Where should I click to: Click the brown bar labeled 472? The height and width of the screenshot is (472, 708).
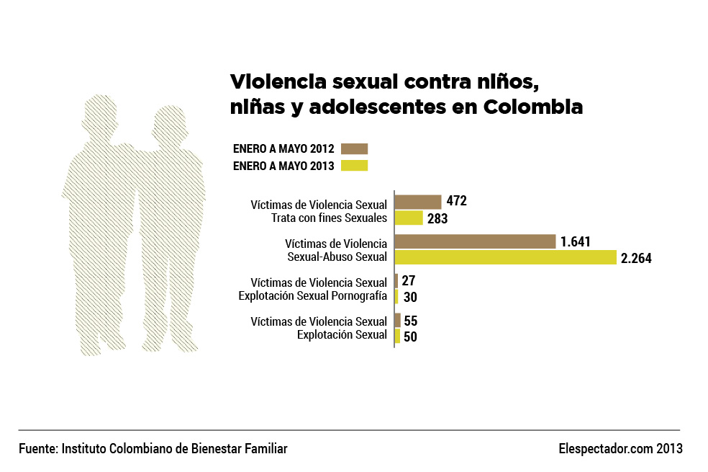pyautogui.click(x=418, y=202)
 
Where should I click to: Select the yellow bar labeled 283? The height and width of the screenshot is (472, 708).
pyautogui.click(x=409, y=218)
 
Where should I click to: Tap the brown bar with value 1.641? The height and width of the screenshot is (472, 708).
pyautogui.click(x=476, y=241)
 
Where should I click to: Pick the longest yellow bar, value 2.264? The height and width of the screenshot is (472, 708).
pyautogui.click(x=506, y=257)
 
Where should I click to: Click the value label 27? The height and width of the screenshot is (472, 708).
pyautogui.click(x=408, y=281)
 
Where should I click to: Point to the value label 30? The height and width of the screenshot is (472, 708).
pyautogui.click(x=410, y=297)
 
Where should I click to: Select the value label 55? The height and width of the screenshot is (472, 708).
pyautogui.click(x=410, y=321)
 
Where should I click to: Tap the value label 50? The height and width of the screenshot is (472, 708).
pyautogui.click(x=410, y=337)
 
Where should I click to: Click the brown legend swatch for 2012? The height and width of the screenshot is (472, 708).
pyautogui.click(x=355, y=148)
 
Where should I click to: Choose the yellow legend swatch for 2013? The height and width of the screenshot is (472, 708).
pyautogui.click(x=355, y=166)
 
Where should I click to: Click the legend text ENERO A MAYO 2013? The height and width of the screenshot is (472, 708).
pyautogui.click(x=283, y=166)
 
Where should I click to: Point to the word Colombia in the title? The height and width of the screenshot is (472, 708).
pyautogui.click(x=533, y=107)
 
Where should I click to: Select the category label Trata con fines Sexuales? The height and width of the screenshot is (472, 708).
pyautogui.click(x=329, y=218)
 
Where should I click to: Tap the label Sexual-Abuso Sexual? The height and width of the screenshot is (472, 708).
pyautogui.click(x=337, y=257)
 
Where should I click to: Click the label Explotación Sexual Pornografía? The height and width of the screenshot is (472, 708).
pyautogui.click(x=313, y=296)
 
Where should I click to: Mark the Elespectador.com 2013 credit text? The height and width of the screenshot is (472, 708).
pyautogui.click(x=620, y=448)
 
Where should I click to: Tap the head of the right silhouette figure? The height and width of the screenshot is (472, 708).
pyautogui.click(x=170, y=125)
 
